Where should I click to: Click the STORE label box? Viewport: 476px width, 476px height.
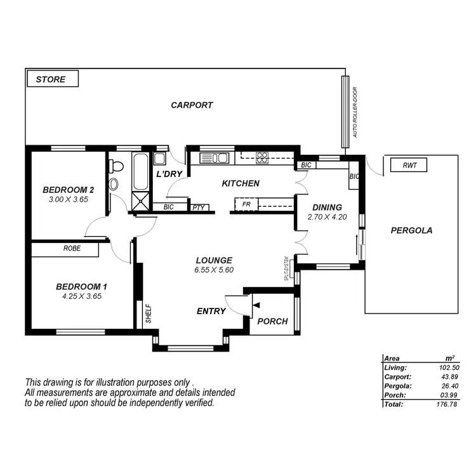pyautogui.click(x=51, y=79)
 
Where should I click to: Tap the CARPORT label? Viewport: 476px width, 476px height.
pyautogui.click(x=192, y=105)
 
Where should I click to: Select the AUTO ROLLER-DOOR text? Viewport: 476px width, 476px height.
pyautogui.click(x=355, y=113)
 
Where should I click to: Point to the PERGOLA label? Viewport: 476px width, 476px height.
pyautogui.click(x=411, y=230)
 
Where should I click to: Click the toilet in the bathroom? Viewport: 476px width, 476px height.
pyautogui.click(x=116, y=167)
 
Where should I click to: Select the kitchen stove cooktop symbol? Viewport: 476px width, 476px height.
pyautogui.click(x=261, y=157)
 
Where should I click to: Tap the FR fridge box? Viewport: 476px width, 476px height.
pyautogui.click(x=246, y=204)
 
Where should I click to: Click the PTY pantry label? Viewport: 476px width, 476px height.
pyautogui.click(x=197, y=207)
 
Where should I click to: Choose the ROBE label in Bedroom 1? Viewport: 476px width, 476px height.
pyautogui.click(x=71, y=249)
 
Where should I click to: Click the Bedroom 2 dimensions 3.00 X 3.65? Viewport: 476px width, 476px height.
pyautogui.click(x=69, y=199)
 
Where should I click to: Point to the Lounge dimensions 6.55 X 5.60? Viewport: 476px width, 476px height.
pyautogui.click(x=214, y=269)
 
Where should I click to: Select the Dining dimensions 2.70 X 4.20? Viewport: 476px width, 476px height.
pyautogui.click(x=327, y=216)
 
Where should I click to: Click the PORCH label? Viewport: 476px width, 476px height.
pyautogui.click(x=272, y=321)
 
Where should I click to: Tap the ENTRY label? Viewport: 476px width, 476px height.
pyautogui.click(x=211, y=311)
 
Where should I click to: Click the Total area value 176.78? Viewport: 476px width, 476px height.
pyautogui.click(x=446, y=404)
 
